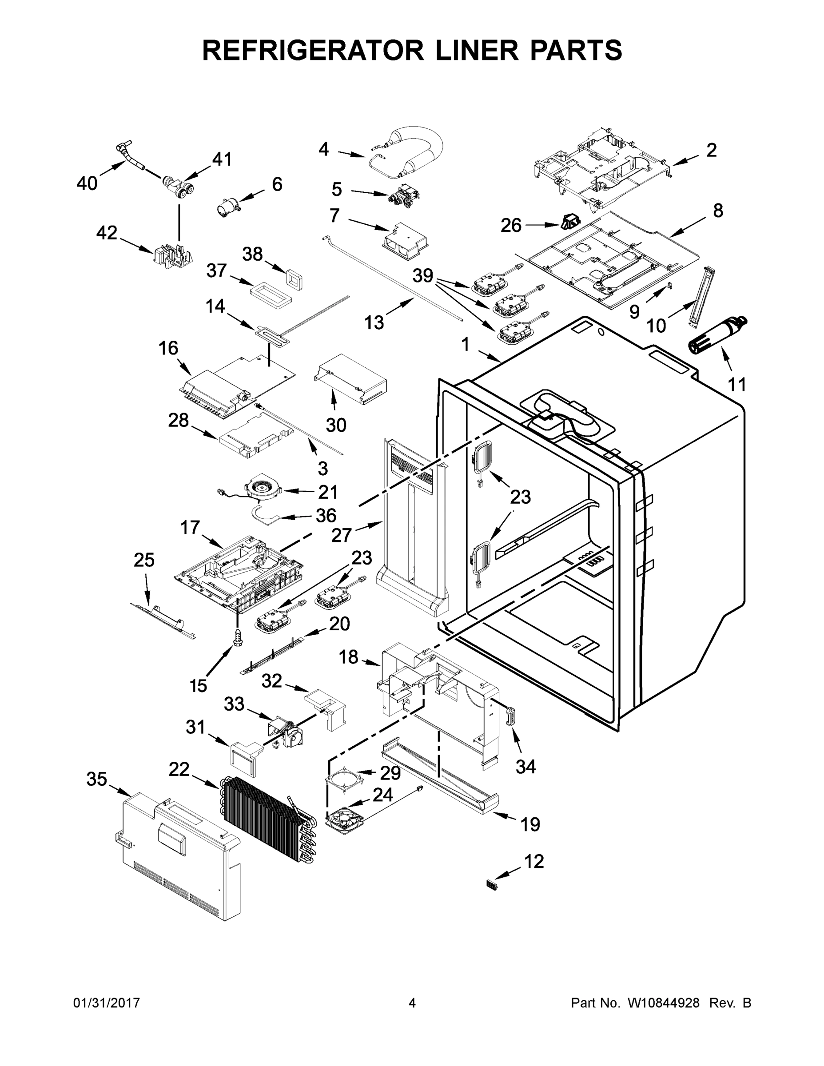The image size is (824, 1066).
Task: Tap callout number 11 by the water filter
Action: tap(736, 385)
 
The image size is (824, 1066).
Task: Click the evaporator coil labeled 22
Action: tap(266, 818)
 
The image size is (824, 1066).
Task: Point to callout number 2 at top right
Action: tap(711, 150)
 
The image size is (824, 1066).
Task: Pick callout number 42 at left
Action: tap(107, 233)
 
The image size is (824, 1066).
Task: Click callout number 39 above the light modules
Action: tap(423, 276)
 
